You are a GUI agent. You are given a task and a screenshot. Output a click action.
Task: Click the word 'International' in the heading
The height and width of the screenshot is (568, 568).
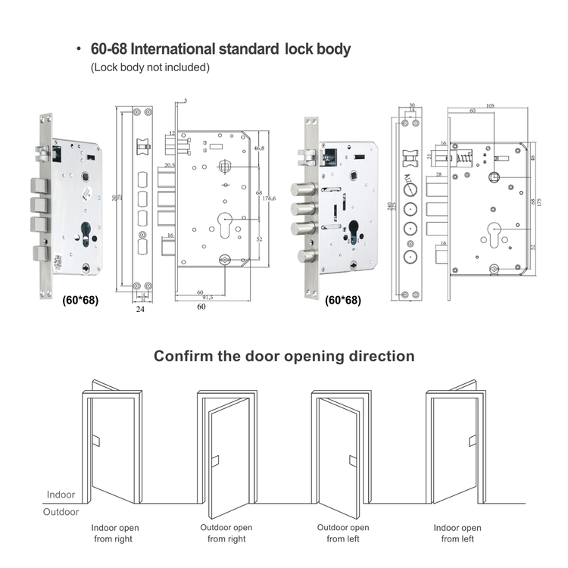coord(176,50)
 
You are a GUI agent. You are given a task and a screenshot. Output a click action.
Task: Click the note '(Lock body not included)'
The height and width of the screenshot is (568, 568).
coord(150,67)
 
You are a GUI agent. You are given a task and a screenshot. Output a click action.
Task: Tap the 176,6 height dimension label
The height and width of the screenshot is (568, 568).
coord(269,198)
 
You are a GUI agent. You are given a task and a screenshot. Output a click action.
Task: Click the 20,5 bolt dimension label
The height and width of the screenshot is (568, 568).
coord(169,165)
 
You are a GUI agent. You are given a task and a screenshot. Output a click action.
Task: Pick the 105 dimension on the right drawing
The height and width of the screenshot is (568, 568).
coord(490,106)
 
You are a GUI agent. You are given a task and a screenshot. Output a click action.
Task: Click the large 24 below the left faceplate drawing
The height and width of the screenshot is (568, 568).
coord(140,309)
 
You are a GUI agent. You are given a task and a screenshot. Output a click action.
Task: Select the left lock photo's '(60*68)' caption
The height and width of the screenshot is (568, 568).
coord(80,300)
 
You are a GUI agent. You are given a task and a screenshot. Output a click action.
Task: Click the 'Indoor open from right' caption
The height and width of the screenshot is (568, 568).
coord(114,533)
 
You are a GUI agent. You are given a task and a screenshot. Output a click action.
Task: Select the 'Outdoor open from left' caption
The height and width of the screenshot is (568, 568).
coord(343,533)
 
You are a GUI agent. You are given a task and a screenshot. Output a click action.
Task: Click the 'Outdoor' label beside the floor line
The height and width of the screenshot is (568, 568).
coord(61,512)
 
